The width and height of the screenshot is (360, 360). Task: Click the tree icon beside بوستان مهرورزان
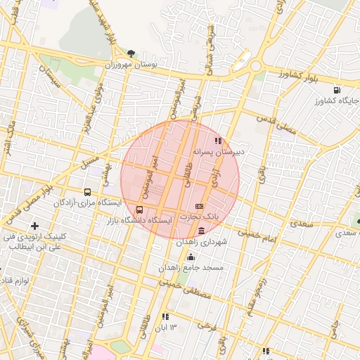(x=131, y=53)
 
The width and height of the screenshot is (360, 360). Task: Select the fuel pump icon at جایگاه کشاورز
(x=337, y=90)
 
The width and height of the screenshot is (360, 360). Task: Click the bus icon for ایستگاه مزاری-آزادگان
(x=87, y=192)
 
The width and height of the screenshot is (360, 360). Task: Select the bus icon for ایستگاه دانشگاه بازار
(x=139, y=210)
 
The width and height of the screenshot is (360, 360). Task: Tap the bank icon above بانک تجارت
(x=199, y=205)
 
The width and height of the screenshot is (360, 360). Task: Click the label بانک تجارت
(x=200, y=217)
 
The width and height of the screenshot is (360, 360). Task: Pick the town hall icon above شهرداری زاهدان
(x=202, y=231)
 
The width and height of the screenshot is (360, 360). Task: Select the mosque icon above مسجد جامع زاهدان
(x=191, y=257)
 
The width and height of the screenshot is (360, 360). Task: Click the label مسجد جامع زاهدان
(x=191, y=268)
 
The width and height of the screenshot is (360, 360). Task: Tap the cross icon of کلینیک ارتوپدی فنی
(x=35, y=226)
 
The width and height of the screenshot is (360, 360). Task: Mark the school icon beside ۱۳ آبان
(x=166, y=316)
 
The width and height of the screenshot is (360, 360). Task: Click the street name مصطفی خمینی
(x=185, y=290)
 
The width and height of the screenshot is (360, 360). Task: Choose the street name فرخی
(x=206, y=326)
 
